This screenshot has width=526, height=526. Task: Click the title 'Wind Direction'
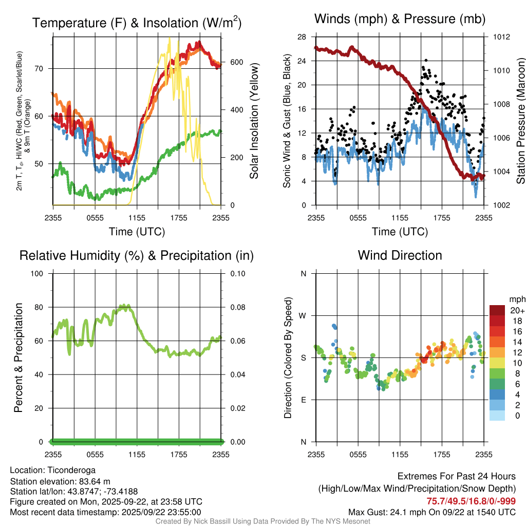coord(400,255)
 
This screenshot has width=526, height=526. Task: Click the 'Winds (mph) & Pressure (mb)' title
coord(400,19)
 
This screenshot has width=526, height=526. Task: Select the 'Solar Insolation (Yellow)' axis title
coord(254,121)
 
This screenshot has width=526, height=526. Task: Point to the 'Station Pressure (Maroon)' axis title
coord(520,121)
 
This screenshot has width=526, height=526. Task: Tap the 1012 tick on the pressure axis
coord(501,37)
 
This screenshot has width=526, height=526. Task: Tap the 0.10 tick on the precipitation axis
coord(237,273)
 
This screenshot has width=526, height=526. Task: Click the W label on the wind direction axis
coord(303,315)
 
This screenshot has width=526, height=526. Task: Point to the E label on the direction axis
coord(304,400)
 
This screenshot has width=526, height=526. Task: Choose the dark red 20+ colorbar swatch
coord(497,310)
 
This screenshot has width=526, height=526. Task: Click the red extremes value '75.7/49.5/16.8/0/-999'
coord(471,501)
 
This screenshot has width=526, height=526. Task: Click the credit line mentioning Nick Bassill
coord(262,521)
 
